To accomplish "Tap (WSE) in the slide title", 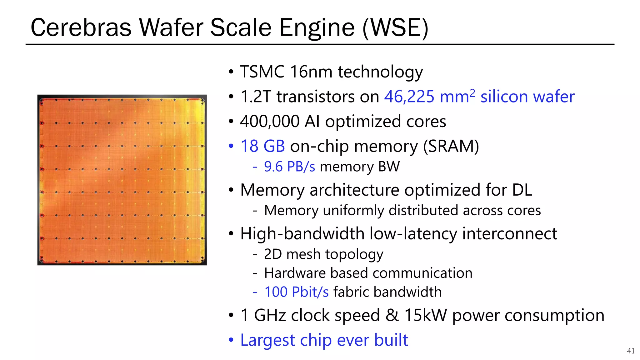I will [395, 28].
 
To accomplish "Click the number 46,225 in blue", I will [409, 97].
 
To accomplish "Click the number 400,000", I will [270, 121].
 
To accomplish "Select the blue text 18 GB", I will [262, 146].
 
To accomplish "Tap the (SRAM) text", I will [451, 146].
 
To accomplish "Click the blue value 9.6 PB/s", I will [289, 167].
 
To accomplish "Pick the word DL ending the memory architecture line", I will [522, 190].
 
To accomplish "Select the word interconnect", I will [509, 234].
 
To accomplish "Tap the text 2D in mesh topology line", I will [273, 254].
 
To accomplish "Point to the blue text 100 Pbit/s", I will [296, 292].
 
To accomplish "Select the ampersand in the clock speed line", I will [392, 315].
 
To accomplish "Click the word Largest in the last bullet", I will [267, 340].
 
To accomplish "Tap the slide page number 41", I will [631, 351].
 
